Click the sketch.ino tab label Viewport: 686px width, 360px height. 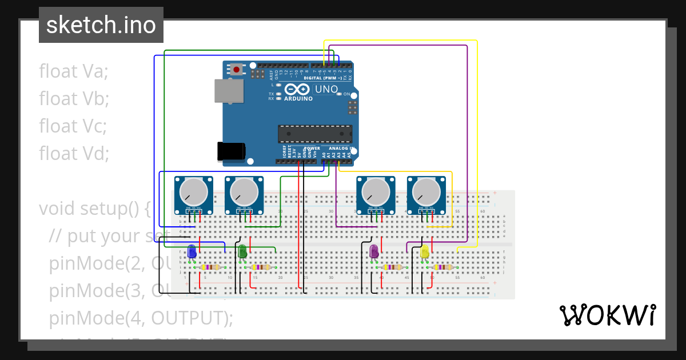click(x=101, y=25)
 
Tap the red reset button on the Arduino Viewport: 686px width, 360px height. click(x=236, y=70)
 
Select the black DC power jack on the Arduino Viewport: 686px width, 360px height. click(x=231, y=151)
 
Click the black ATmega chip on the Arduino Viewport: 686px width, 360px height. click(x=314, y=134)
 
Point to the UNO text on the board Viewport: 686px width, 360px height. click(x=327, y=89)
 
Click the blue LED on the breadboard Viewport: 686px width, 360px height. click(x=192, y=251)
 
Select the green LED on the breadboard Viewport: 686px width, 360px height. click(x=242, y=251)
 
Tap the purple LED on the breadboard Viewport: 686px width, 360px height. click(x=374, y=251)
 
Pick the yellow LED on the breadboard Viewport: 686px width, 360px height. click(x=425, y=251)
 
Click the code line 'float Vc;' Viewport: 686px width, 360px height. click(x=73, y=126)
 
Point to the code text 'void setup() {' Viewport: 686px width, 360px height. click(x=94, y=209)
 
